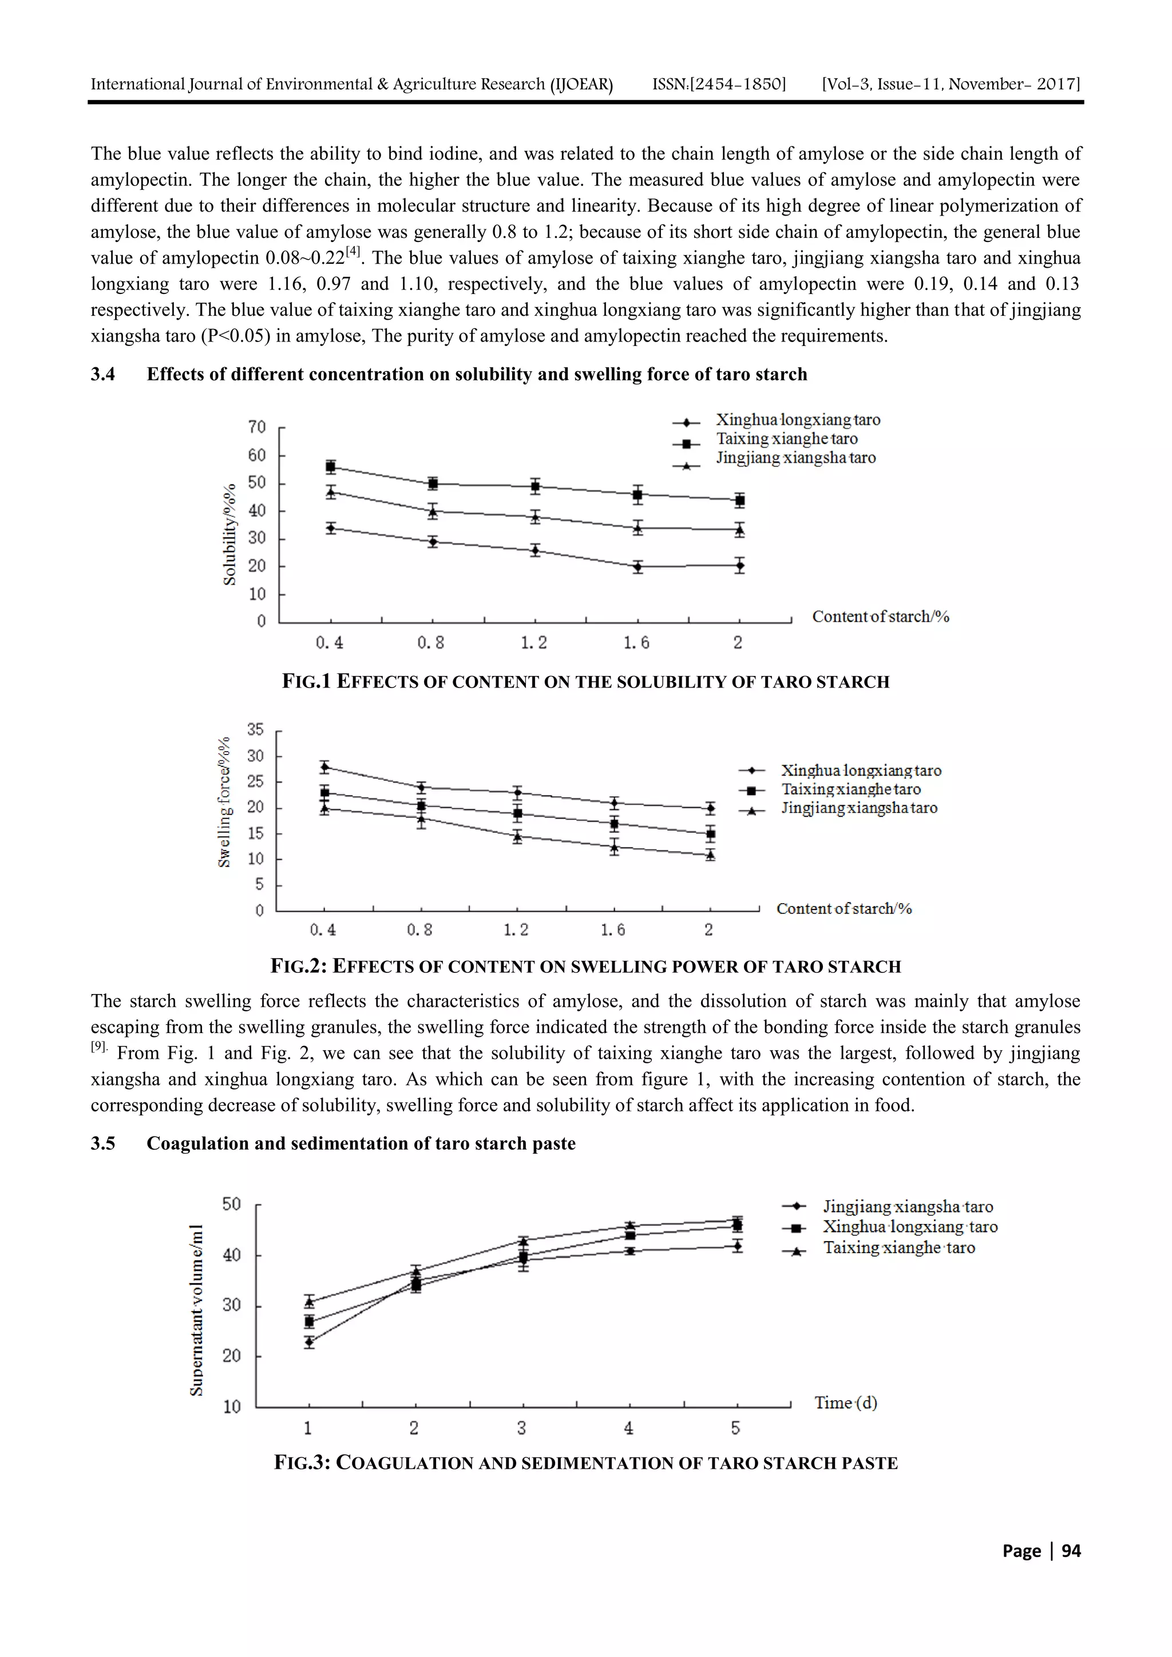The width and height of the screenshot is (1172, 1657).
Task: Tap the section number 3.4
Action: click(102, 374)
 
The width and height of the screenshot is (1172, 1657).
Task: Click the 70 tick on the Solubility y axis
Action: click(257, 427)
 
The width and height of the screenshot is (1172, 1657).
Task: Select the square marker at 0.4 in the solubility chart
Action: click(331, 467)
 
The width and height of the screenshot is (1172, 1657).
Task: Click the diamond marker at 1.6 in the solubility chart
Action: click(638, 566)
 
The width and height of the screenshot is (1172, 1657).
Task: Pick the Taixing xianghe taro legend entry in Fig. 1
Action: click(786, 439)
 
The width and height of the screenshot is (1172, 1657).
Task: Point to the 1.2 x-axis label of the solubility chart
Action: click(534, 642)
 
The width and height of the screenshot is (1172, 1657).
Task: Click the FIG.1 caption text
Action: click(585, 682)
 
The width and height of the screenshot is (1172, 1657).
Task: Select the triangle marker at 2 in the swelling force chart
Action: click(711, 855)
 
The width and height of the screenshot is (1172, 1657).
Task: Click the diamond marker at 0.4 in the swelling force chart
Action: click(325, 766)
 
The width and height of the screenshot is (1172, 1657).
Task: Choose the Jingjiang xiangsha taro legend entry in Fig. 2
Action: click(858, 808)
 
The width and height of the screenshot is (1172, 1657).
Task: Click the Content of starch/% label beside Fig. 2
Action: click(844, 909)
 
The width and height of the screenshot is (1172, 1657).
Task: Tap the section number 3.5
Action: click(102, 1143)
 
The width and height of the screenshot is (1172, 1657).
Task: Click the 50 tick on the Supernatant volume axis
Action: click(232, 1204)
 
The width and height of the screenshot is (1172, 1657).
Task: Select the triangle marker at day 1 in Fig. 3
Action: click(309, 1302)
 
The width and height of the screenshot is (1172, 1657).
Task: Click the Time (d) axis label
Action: click(846, 1403)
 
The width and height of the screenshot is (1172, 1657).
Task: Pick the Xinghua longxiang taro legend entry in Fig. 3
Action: click(910, 1227)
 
